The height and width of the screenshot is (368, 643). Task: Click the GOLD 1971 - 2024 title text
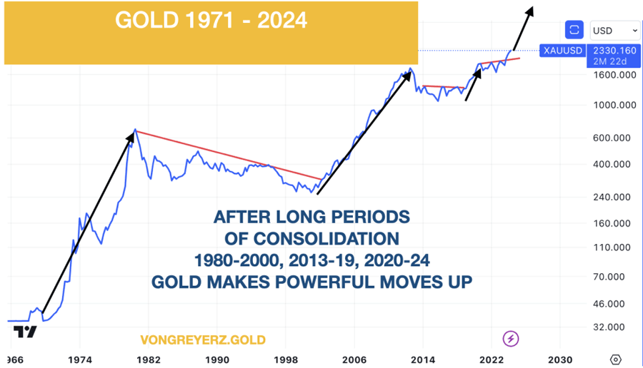point(211,21)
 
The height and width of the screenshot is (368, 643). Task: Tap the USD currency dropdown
point(614,30)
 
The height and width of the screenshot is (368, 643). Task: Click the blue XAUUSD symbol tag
point(563,51)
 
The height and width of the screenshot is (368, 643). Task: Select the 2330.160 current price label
point(614,51)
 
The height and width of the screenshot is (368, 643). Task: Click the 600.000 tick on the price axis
point(616,138)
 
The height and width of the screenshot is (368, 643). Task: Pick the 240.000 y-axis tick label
point(616,197)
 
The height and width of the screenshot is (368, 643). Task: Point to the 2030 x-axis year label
point(560,359)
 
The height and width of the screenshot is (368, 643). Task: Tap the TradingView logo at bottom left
point(25,333)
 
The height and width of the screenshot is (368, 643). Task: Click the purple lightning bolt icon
point(512,338)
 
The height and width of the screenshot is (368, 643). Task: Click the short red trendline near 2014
point(443,87)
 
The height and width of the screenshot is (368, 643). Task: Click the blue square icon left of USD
point(574,30)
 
